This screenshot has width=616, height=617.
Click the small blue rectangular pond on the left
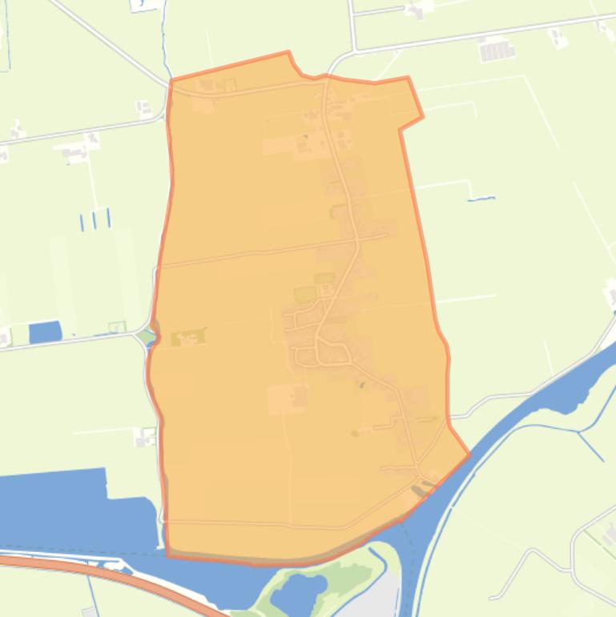45,332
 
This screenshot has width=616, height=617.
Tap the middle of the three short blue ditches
95,220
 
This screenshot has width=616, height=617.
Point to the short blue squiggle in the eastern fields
481,199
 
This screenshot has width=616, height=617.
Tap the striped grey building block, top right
495,51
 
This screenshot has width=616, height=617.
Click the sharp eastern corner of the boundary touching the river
469,455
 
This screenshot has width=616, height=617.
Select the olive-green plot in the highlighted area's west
187,338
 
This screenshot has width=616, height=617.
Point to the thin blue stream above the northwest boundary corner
165,40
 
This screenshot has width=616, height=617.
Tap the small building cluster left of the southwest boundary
146,438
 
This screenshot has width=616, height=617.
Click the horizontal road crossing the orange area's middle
264,251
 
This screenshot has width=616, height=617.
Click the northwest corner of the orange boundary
171,81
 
